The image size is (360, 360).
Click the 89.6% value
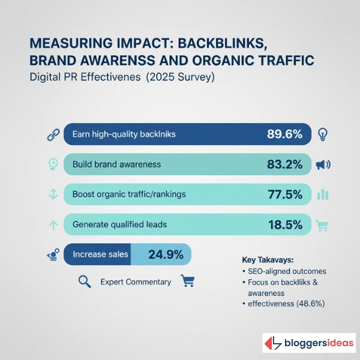284,134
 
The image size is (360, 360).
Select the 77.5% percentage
284,194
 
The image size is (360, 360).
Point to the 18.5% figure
284,224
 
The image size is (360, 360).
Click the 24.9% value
166,254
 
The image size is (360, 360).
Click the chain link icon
52,134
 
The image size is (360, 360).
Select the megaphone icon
324,164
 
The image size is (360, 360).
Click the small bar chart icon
323,194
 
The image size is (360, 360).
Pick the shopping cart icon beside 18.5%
323,226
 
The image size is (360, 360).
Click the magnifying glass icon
85,281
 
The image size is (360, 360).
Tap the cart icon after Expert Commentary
188,281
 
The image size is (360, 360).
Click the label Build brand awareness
116,164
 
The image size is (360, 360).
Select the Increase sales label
100,254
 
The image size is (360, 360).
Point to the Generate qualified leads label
119,224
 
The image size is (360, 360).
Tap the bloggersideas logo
309,344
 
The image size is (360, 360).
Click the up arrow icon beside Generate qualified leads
52,225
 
